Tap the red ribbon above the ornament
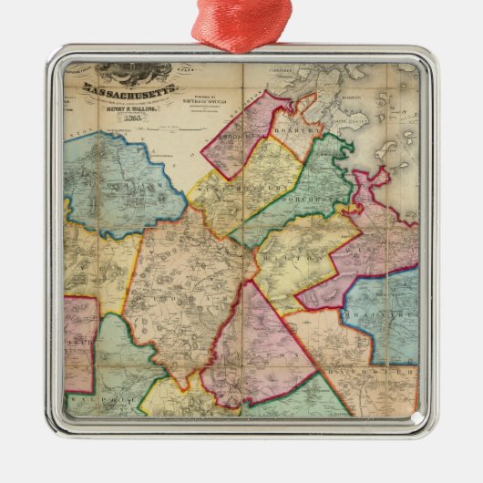241,23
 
